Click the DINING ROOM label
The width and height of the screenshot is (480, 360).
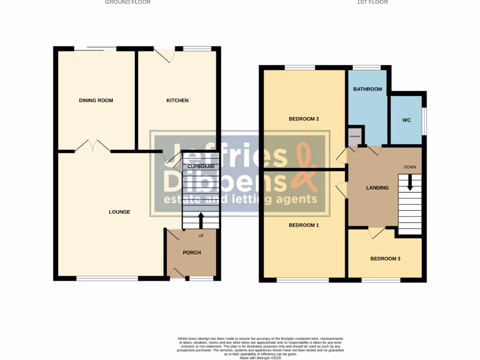click(96, 100)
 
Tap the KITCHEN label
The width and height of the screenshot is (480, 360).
click(178, 100)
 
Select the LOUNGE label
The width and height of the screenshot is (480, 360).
click(119, 212)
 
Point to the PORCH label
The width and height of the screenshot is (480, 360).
click(192, 253)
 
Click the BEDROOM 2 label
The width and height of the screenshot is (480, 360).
click(304, 119)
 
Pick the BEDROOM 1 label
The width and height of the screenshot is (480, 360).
click(304, 225)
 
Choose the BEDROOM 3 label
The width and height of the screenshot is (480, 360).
click(385, 258)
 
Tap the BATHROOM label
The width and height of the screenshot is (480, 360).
click(367, 89)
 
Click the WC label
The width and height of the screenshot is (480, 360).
click(406, 120)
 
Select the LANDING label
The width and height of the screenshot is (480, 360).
click(377, 188)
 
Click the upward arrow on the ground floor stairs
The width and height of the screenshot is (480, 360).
click(201, 220)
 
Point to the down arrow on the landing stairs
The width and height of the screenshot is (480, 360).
click(410, 182)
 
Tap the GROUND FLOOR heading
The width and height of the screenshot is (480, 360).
click(127, 2)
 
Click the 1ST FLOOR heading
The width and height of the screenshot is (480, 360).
click(372, 2)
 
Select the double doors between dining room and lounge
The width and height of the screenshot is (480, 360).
click(93, 146)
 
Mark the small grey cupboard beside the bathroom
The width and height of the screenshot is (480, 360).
click(355, 136)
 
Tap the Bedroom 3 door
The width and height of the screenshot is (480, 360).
click(377, 232)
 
